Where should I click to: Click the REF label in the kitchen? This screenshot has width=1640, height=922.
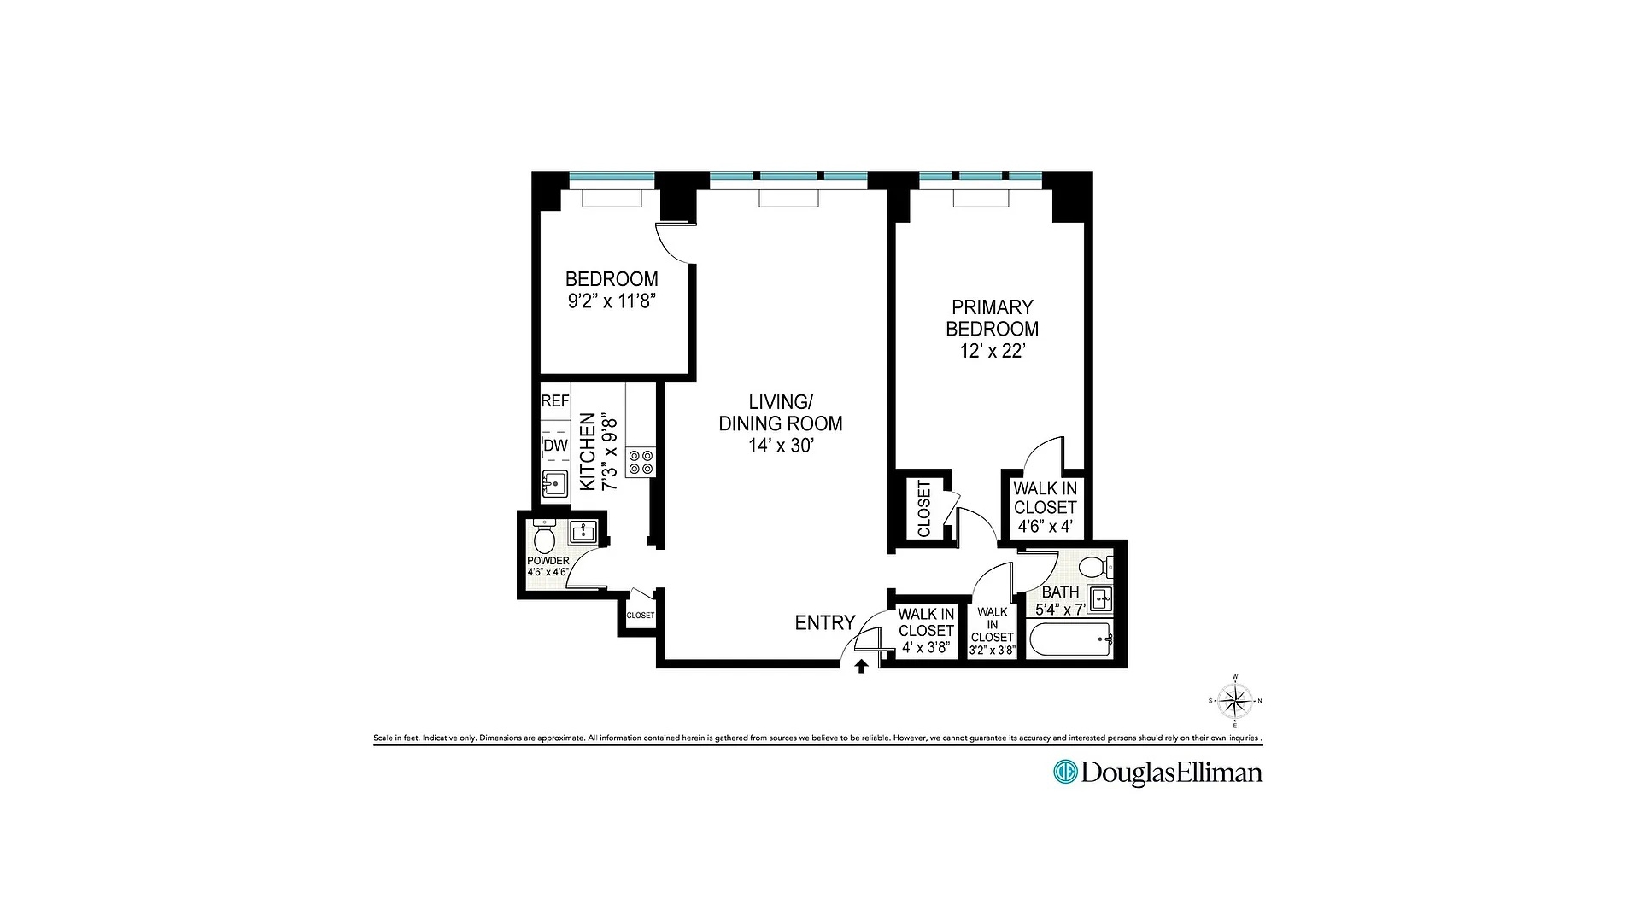click(x=555, y=401)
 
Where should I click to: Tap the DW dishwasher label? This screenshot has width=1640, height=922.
click(x=555, y=446)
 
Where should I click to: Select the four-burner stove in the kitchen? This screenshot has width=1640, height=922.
click(x=641, y=462)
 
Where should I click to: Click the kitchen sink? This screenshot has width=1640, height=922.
click(x=555, y=484)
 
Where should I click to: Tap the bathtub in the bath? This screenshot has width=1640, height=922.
click(x=1069, y=639)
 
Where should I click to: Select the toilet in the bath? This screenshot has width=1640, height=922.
click(x=1094, y=566)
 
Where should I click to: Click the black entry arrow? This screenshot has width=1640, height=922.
click(x=861, y=666)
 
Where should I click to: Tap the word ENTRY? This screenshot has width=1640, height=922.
click(x=824, y=623)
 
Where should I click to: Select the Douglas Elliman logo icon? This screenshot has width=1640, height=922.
click(x=1064, y=772)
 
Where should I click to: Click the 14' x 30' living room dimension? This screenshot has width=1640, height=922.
click(x=780, y=445)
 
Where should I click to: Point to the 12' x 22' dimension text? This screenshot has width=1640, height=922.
click(x=992, y=351)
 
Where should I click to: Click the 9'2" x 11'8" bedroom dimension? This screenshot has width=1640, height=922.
click(x=612, y=301)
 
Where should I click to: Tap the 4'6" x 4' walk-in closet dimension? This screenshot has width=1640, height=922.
click(x=1045, y=526)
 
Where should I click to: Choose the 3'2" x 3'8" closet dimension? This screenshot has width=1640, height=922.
click(x=992, y=651)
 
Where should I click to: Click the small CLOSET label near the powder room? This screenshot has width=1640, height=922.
click(x=640, y=616)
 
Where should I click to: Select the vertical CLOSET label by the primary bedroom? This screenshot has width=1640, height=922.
click(x=924, y=509)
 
